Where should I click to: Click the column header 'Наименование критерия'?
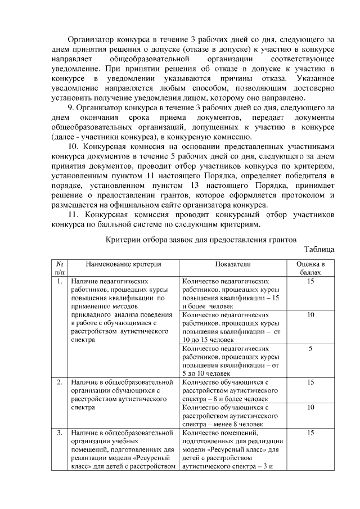pos(123,264)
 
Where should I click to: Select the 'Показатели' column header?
pos(232,264)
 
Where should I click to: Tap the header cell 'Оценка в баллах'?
pos(310,268)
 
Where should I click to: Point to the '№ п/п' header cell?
pos(59,268)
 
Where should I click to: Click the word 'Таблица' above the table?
pos(319,249)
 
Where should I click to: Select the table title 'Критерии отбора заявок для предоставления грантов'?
pos(201,239)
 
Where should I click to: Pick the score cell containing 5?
pos(310,349)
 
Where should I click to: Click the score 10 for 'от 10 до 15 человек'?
pos(310,315)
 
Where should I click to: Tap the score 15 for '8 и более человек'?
pos(310,382)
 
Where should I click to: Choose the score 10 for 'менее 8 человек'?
pos(310,407)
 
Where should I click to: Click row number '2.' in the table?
pos(59,382)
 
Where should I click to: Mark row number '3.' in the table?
pos(59,433)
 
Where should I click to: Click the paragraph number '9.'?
pos(71,107)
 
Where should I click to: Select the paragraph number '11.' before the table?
pos(73,215)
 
